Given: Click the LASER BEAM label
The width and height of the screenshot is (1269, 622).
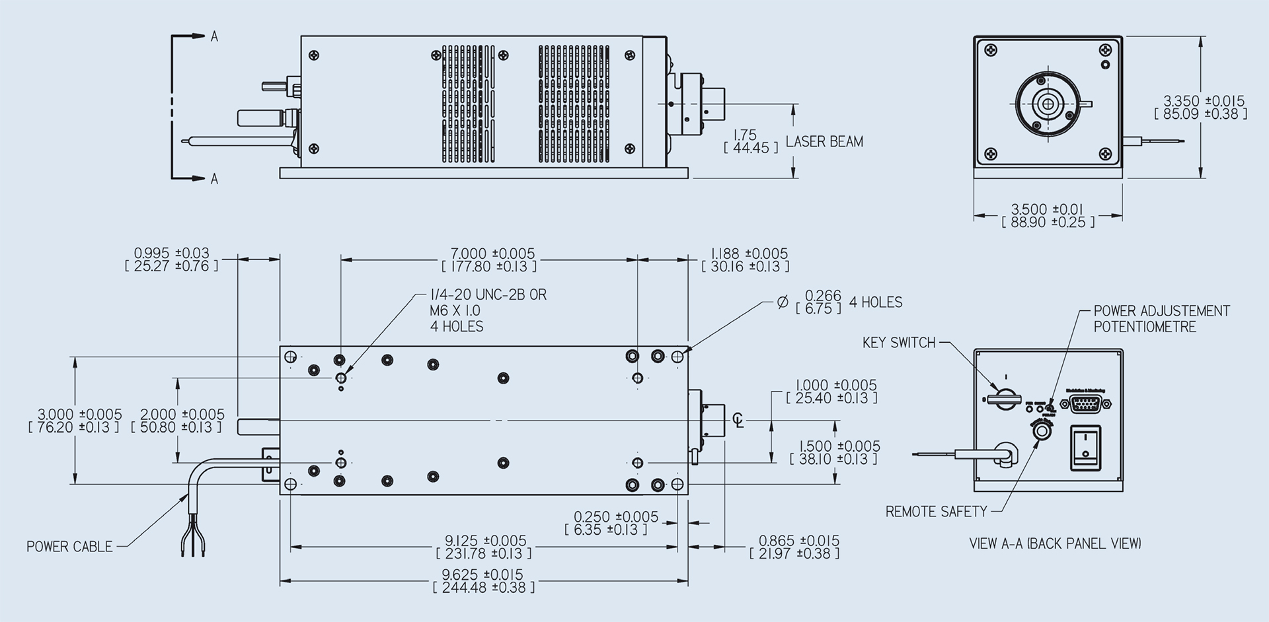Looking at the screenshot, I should pos(824,141).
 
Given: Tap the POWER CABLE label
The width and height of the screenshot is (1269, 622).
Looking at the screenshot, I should pos(69,547).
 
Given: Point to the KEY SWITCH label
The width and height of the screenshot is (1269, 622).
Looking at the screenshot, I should pos(899,343).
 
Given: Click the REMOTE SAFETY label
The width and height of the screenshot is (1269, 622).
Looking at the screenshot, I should pos(936,512).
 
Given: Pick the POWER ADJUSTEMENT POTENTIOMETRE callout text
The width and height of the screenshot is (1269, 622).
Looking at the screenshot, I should pos(1161,319).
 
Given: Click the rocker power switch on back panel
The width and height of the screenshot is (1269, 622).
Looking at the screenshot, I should pos(1085,447).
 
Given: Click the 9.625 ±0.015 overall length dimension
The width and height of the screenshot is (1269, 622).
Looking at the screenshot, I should pos(482,574).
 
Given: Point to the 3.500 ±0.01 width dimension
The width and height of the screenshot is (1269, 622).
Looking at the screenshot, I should pos(1048,210).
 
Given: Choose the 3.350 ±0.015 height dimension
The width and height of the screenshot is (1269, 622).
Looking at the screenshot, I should pos(1204,101).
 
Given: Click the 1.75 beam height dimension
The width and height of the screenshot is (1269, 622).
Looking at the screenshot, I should pos(746,135).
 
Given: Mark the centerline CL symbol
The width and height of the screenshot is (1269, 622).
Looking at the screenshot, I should pos(738,420).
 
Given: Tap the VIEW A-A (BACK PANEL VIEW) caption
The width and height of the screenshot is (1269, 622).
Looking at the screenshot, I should pos(1055,544).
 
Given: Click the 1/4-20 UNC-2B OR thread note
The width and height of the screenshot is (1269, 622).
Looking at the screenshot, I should pos(488,295).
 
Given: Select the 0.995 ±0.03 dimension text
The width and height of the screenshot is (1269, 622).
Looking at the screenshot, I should pos(171,253).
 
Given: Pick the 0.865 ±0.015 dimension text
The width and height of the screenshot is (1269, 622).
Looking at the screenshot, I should pos(798,541).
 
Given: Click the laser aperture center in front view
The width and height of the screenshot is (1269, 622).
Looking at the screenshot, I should pos(1047,104).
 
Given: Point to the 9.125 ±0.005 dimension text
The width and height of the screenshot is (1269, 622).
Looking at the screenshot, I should pos(485,541).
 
